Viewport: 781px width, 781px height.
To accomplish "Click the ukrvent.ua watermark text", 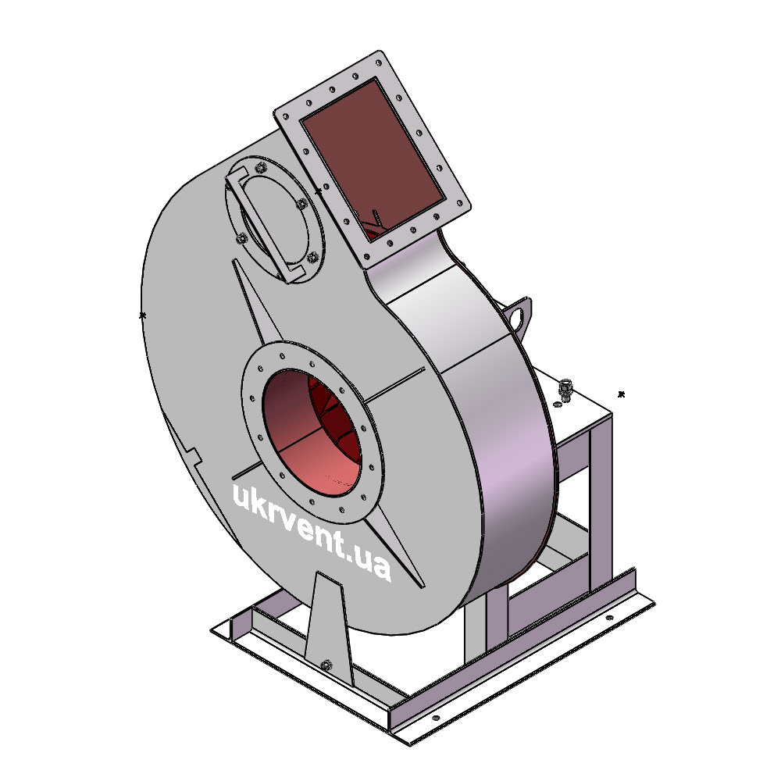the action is pos(312,531).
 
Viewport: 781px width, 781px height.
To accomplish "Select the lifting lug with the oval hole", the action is pos(518,316).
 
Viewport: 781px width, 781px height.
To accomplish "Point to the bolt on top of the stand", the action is pos(565,390).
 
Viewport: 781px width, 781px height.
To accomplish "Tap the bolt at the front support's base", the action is pos(326,665).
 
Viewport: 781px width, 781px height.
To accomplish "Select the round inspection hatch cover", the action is pos(274,220).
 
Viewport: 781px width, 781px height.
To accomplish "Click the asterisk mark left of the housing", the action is pos(142,316).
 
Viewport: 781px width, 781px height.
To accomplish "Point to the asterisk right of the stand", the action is pos(621,394).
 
